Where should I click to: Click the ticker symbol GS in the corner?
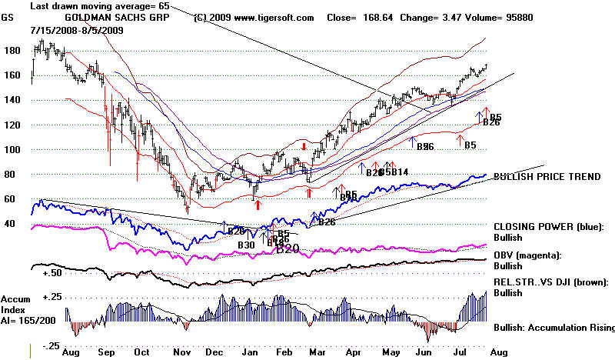(9, 16)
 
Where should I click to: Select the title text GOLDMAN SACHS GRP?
(104, 17)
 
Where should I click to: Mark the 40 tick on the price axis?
(10, 224)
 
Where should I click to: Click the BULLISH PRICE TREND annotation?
(547, 176)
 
